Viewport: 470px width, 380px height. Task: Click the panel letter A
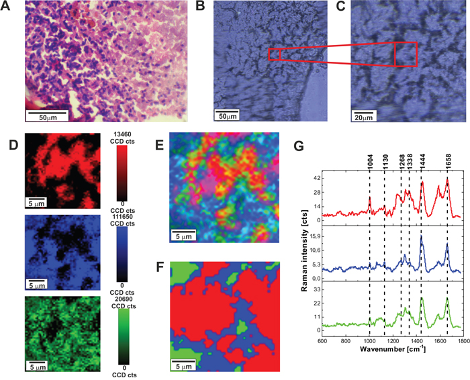[6, 6]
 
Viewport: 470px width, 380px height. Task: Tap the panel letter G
[299, 146]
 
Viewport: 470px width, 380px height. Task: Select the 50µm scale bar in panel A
[47, 113]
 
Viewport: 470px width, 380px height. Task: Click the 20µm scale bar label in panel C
[364, 117]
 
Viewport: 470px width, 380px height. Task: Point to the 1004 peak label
[370, 161]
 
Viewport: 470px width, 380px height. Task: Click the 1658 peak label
[449, 161]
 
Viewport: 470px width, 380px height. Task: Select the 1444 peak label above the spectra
[422, 161]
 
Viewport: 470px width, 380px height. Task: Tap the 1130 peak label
[385, 161]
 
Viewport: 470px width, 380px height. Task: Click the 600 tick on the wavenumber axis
[322, 341]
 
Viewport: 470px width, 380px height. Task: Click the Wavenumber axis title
[393, 349]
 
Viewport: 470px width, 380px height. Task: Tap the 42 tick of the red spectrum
[314, 179]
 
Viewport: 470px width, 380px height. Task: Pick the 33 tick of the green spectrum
[314, 289]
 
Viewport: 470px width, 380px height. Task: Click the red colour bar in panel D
[122, 173]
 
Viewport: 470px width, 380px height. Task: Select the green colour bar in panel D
[124, 336]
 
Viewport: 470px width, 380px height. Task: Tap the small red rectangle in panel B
[274, 54]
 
